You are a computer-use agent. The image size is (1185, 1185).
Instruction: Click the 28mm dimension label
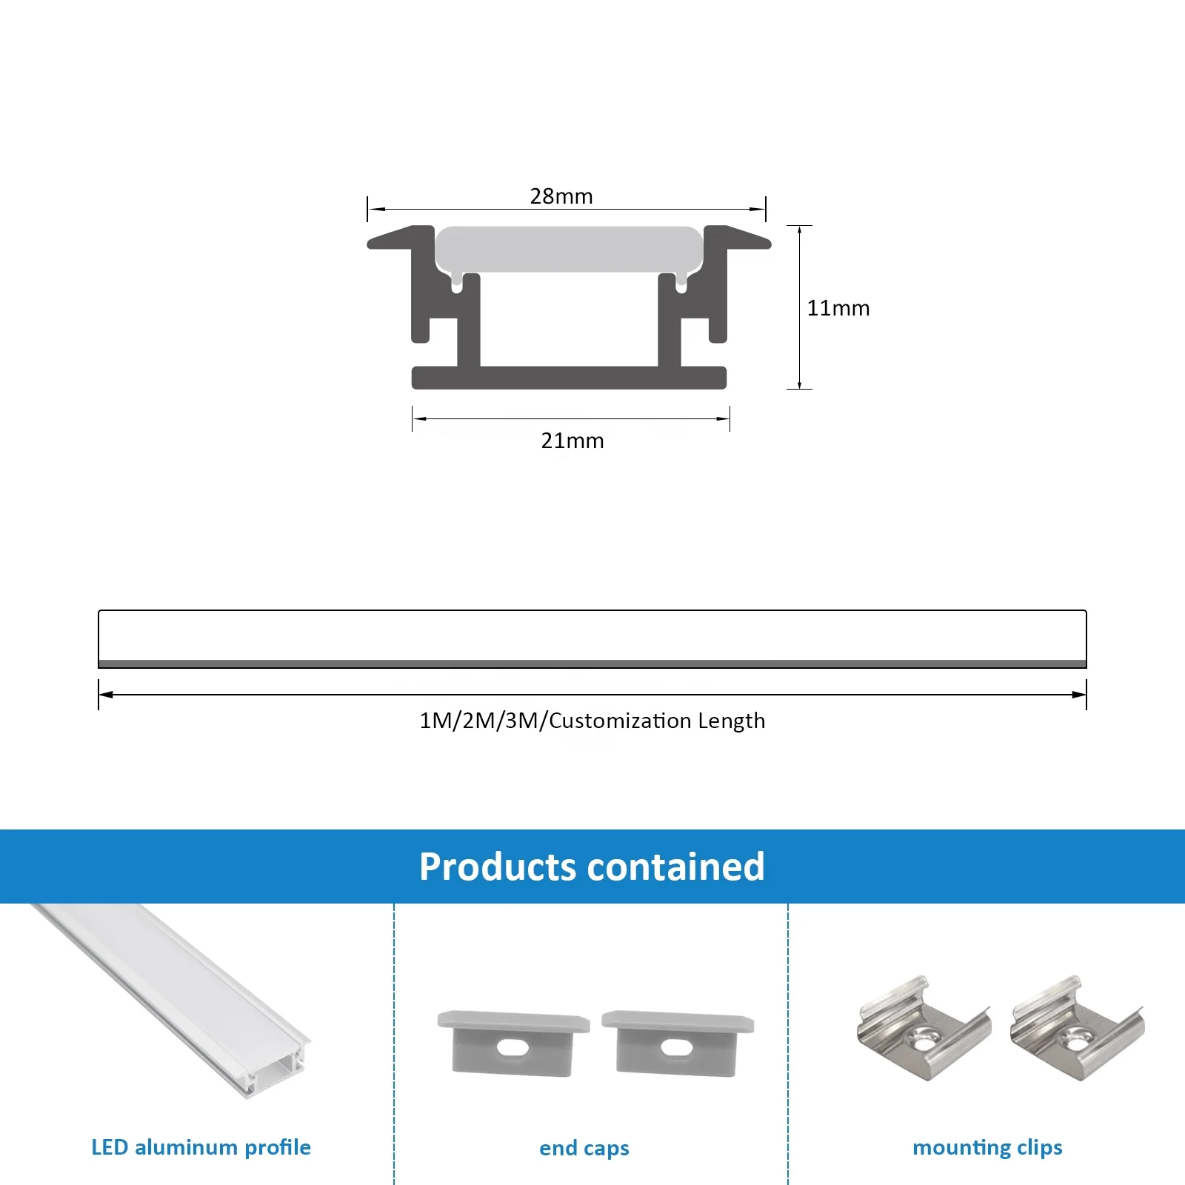click(561, 196)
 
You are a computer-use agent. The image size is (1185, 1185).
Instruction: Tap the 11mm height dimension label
click(838, 308)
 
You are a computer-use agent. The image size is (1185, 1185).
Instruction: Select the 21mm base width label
click(572, 441)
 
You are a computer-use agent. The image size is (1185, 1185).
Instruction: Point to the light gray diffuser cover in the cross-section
click(568, 249)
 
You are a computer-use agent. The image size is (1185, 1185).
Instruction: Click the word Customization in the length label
click(620, 721)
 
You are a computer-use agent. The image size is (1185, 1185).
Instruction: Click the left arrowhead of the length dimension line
click(106, 695)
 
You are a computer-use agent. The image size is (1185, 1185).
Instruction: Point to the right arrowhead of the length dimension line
click(1079, 695)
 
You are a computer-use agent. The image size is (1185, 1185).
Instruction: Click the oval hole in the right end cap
click(676, 1048)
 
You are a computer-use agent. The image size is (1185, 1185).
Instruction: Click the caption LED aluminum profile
click(201, 1147)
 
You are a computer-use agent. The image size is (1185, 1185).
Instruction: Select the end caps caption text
click(584, 1148)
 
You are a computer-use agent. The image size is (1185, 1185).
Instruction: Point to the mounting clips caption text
click(987, 1147)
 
